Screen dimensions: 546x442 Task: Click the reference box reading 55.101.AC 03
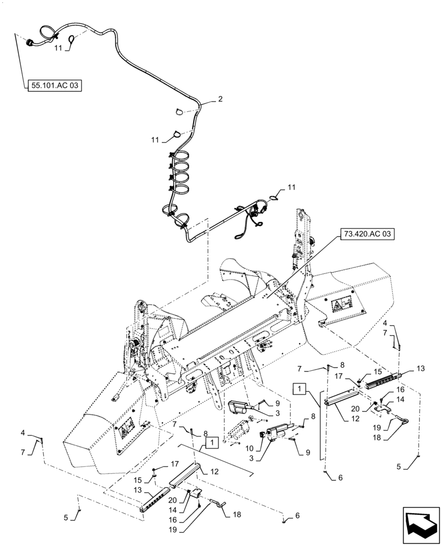click(53, 85)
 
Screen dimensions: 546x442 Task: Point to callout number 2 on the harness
click(220, 99)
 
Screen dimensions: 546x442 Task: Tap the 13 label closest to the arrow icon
click(420, 369)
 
